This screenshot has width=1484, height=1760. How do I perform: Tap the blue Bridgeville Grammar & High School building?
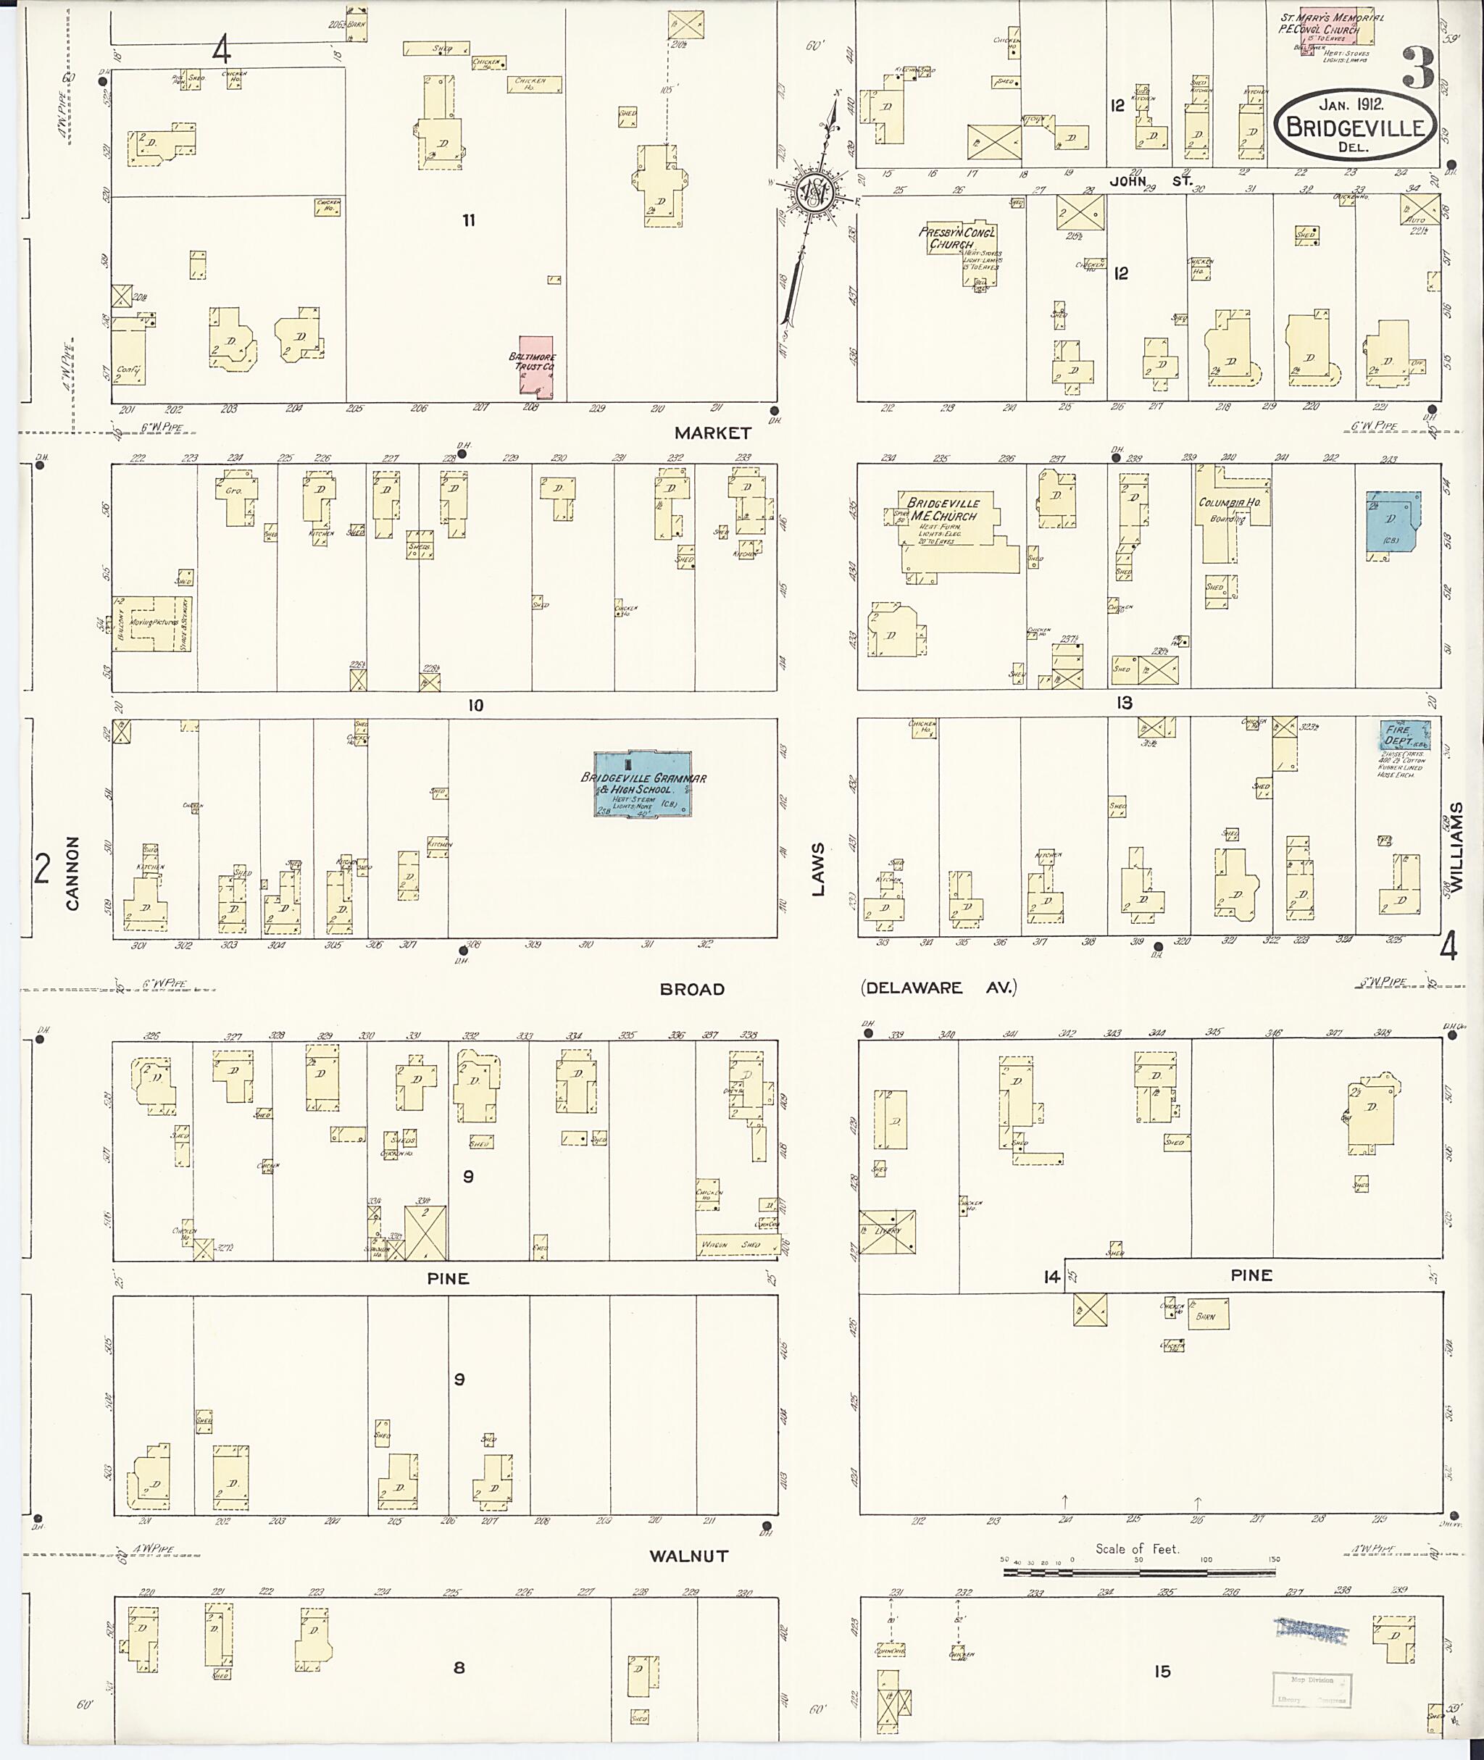click(643, 784)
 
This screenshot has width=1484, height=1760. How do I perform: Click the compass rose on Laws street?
click(815, 194)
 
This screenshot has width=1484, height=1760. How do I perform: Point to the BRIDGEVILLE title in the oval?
click(1354, 128)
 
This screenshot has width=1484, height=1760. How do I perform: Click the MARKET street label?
click(712, 433)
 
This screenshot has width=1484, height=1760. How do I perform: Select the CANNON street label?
click(72, 872)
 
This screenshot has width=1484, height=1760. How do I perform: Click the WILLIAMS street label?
click(1456, 846)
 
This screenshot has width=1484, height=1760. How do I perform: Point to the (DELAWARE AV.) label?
click(938, 988)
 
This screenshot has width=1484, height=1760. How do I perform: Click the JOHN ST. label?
click(1150, 180)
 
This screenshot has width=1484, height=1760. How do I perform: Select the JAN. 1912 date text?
click(1352, 104)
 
